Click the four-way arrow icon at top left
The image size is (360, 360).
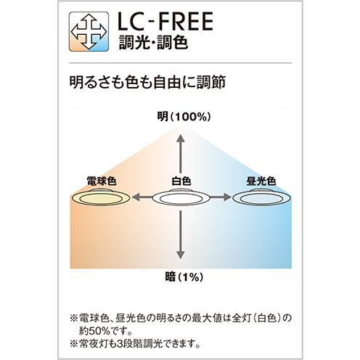pyautogui.click(x=89, y=31)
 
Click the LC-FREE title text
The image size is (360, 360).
pyautogui.click(x=165, y=21)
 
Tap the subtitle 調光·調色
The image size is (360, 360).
pyautogui.click(x=153, y=42)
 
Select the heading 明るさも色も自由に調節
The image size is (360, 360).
pyautogui.click(x=147, y=82)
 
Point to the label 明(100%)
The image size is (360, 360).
pyautogui.click(x=184, y=117)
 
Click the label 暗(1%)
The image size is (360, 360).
pyautogui.click(x=184, y=277)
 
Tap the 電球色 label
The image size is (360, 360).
pyautogui.click(x=102, y=181)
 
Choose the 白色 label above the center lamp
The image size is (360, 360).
pyautogui.click(x=181, y=181)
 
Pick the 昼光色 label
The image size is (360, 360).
pyautogui.click(x=261, y=181)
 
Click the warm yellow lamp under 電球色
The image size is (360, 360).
pyautogui.click(x=101, y=197)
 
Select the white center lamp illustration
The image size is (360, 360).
pyautogui.click(x=181, y=197)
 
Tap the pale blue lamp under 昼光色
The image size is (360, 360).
pyautogui.click(x=261, y=197)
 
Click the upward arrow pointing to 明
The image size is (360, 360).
pyautogui.click(x=181, y=153)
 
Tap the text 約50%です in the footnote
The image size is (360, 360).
pyautogui.click(x=105, y=331)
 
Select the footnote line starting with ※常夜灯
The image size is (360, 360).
pyautogui.click(x=135, y=343)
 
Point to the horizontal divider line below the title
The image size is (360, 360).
pyautogui.click(x=180, y=63)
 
